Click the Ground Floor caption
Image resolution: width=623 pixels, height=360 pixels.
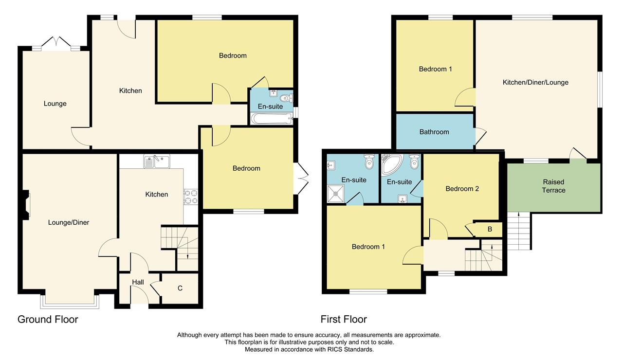[x=48, y=320]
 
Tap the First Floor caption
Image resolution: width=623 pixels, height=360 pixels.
[x=344, y=319]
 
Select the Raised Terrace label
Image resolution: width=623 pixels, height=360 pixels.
[x=553, y=186]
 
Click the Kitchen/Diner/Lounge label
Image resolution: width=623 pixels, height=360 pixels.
[x=535, y=82]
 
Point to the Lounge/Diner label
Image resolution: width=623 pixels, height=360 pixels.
[x=69, y=222]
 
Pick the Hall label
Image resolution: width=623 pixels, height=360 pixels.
[x=138, y=282]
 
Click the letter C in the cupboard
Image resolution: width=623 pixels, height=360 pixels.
[x=180, y=288]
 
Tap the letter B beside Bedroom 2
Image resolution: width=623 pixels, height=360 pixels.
[x=490, y=229]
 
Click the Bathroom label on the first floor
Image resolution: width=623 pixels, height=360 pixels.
[x=434, y=132]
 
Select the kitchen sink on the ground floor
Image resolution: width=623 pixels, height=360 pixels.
[x=157, y=161]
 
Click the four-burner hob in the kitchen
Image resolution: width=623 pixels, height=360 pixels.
[x=191, y=197]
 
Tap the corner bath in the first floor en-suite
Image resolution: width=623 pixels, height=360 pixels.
[x=392, y=164]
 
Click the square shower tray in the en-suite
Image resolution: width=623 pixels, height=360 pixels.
[x=336, y=194]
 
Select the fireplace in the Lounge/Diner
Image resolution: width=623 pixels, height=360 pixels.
[x=26, y=205]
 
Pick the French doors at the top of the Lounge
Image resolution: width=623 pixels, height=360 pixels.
[x=56, y=44]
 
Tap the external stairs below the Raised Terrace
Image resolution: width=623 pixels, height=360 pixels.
[x=519, y=231]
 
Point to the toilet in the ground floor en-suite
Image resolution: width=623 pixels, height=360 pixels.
[x=286, y=98]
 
